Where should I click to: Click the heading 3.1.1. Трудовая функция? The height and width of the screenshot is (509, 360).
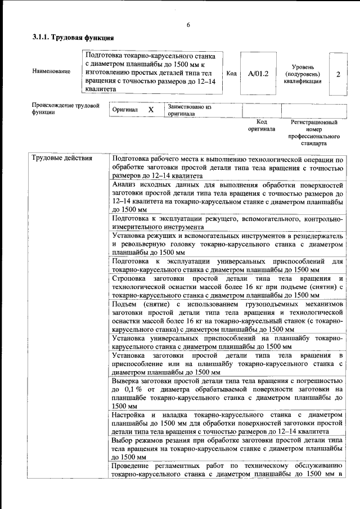73,38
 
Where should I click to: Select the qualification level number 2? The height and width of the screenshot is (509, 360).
338,74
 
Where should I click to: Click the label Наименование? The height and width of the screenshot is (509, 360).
51,71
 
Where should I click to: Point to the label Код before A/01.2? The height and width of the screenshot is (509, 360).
231,74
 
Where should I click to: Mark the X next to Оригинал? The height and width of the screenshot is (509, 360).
151,110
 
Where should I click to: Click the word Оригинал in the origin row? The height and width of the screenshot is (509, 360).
125,110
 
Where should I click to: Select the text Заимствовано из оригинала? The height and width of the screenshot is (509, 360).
189,110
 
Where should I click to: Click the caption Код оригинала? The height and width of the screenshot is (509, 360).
262,125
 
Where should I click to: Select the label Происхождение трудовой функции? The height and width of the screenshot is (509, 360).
65,109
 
